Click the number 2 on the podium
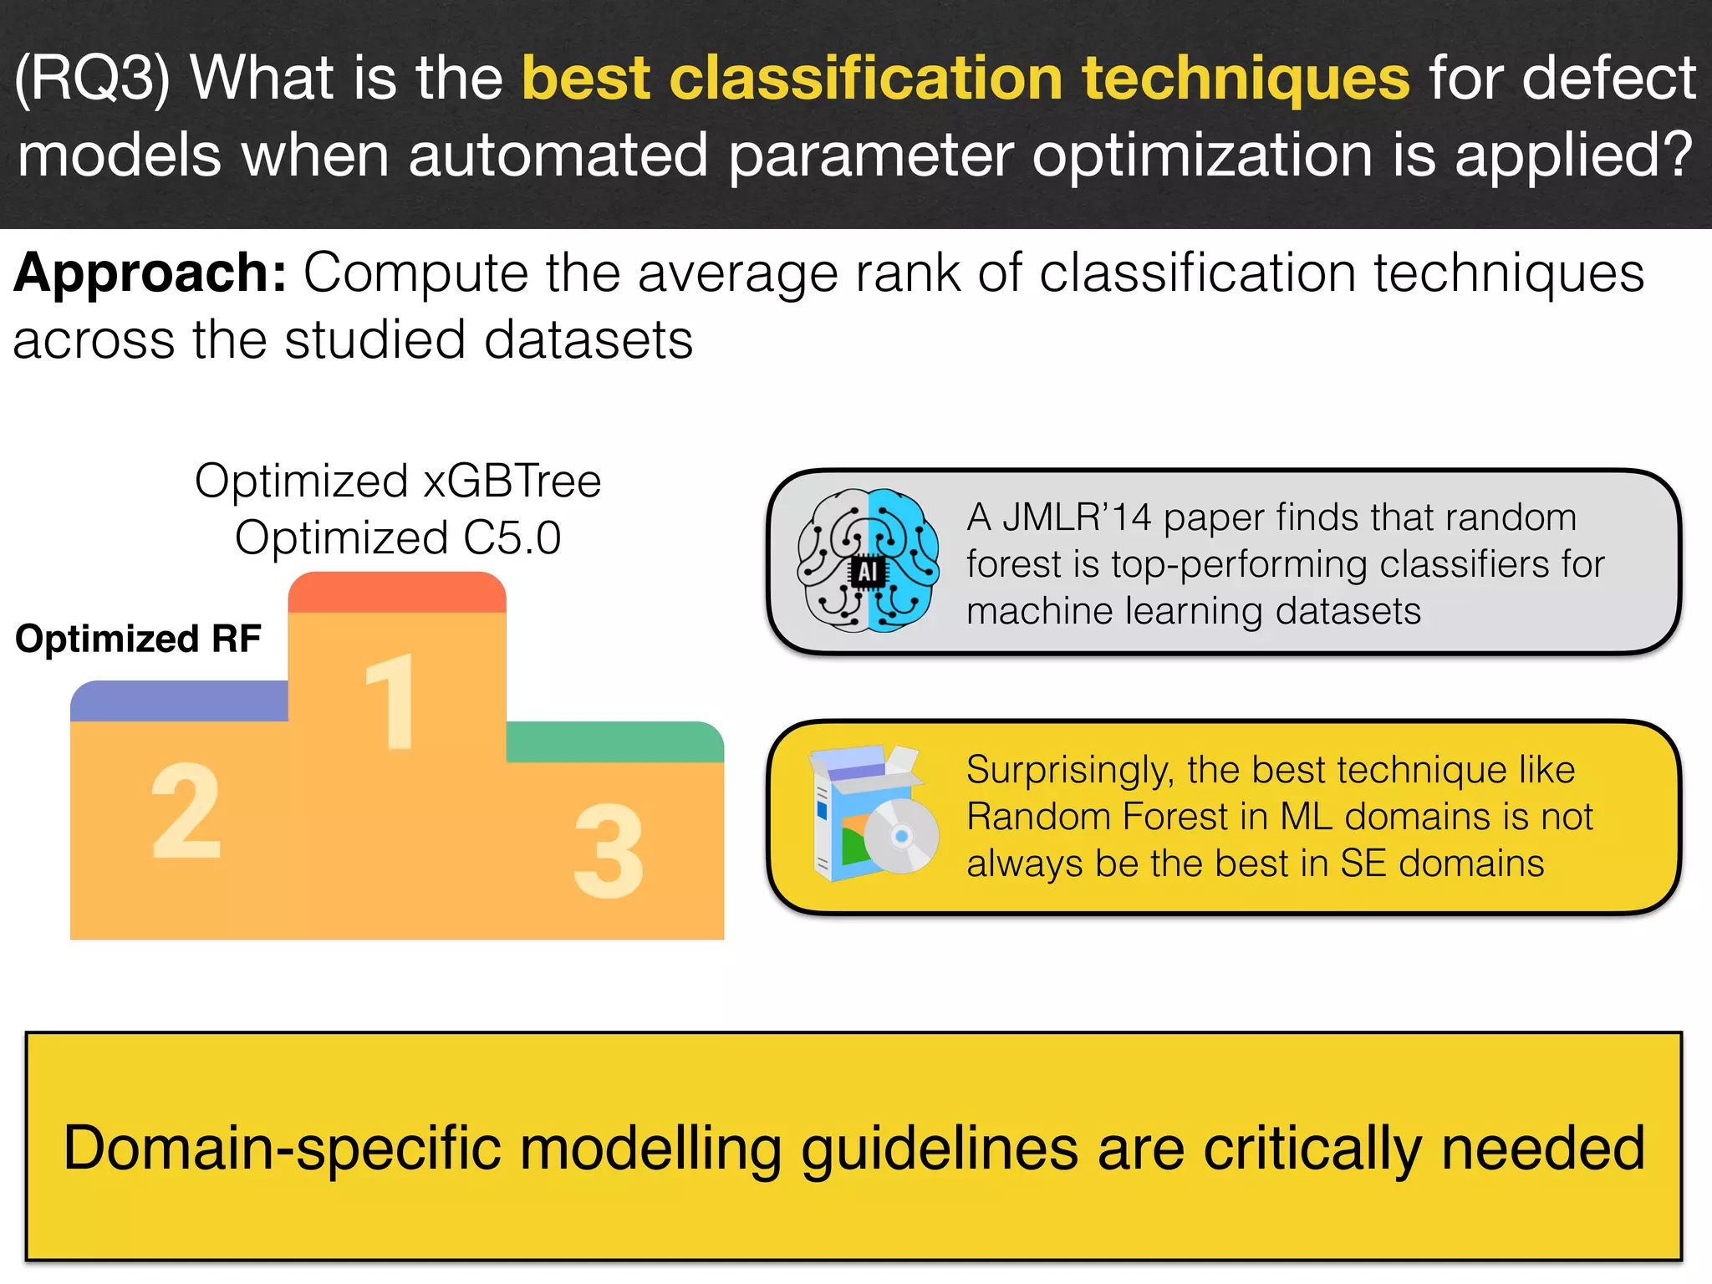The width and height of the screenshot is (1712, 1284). point(186,811)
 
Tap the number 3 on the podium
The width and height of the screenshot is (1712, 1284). point(609,850)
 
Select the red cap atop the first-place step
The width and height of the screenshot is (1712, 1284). point(397,592)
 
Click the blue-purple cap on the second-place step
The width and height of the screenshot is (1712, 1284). point(179,701)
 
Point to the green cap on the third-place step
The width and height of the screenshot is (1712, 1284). point(614,741)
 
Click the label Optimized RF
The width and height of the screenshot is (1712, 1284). point(138,639)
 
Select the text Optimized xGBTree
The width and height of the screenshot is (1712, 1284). point(398,481)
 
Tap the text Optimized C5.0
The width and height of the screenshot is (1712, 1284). point(398,538)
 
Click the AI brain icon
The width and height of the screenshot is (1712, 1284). point(868,560)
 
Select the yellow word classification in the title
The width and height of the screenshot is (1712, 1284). point(866,78)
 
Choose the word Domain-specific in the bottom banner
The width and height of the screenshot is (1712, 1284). point(282,1148)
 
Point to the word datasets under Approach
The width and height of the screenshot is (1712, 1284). point(588,340)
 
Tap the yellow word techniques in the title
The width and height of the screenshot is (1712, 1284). point(1246,78)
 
